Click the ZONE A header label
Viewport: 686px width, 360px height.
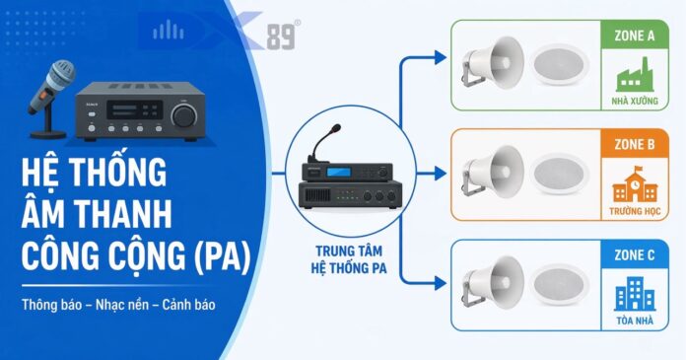pos(635,36)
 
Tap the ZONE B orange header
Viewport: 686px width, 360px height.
pos(635,144)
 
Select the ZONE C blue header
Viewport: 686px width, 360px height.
pos(635,254)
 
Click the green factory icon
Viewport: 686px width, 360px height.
pos(635,74)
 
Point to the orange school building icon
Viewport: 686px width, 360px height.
pos(635,183)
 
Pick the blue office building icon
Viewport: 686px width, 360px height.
pos(635,294)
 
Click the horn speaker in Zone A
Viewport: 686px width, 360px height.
pos(493,62)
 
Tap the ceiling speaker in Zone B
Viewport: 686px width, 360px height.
pos(560,174)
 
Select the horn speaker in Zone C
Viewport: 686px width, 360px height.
pos(493,282)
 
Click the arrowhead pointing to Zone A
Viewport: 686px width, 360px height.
pos(441,57)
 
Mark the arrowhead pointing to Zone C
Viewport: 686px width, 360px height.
pos(441,283)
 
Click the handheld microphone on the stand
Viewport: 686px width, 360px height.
pos(49,99)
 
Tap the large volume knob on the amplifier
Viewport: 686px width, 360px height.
pos(184,115)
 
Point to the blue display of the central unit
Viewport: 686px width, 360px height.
pos(339,172)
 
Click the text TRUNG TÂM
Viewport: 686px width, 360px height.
pos(349,251)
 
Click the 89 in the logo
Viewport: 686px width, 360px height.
pos(280,36)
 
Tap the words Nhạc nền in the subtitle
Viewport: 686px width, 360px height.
pos(122,305)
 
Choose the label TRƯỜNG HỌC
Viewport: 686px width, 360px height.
pos(635,211)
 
